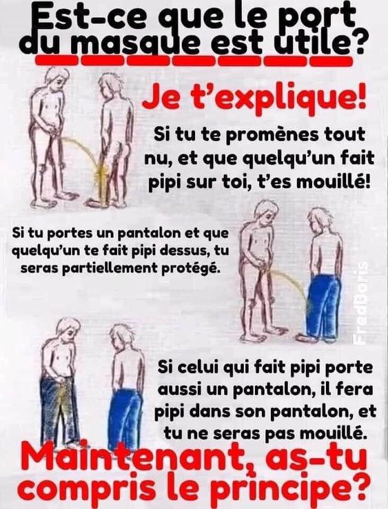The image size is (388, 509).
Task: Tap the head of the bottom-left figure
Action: click(x=68, y=329)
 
